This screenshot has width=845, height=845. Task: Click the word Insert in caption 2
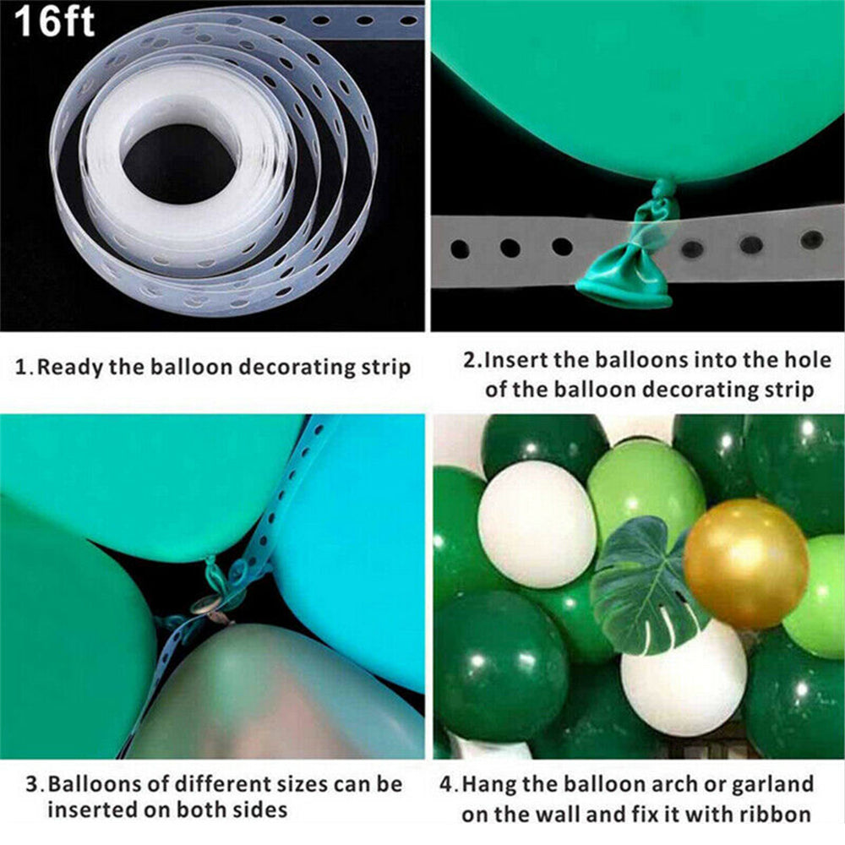(x=519, y=361)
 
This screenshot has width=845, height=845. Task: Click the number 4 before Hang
(x=446, y=784)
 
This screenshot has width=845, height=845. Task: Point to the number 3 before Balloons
(x=32, y=784)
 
